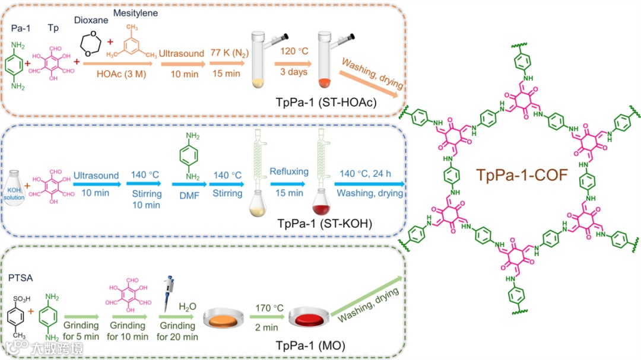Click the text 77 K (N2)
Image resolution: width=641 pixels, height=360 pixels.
(x=226, y=55)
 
